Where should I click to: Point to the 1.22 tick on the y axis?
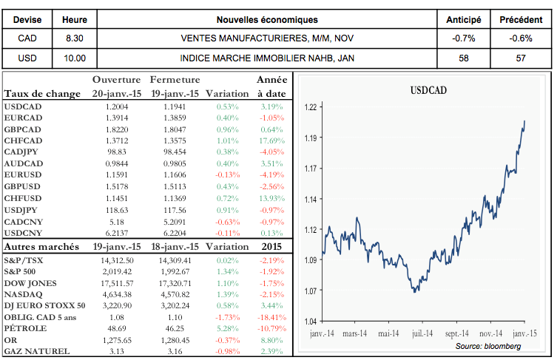(x=310, y=108)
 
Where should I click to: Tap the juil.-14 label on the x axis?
(x=422, y=333)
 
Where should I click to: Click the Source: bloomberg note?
(x=487, y=346)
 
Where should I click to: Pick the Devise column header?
(x=26, y=19)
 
